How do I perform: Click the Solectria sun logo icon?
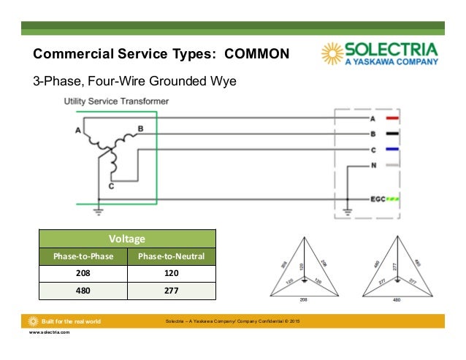(x=333, y=54)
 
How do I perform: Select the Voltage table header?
(x=127, y=238)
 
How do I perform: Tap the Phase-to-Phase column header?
(x=83, y=256)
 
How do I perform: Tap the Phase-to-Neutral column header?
(x=172, y=256)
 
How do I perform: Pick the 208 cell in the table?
(x=83, y=273)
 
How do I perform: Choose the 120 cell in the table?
(x=172, y=273)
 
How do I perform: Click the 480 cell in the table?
(x=83, y=291)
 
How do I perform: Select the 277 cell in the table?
(x=172, y=291)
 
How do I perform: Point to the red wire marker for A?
(x=391, y=118)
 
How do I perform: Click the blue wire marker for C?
(x=391, y=150)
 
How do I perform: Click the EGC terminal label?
(x=376, y=199)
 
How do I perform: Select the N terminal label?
(x=373, y=166)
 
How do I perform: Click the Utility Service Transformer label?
(x=116, y=100)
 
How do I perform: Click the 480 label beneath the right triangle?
(x=396, y=299)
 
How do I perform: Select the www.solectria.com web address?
(x=49, y=332)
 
